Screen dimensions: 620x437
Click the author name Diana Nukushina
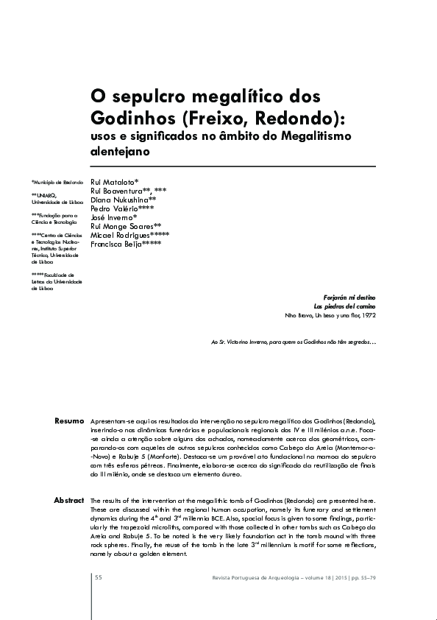pyautogui.click(x=120, y=200)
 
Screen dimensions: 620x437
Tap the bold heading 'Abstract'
pyautogui.click(x=68, y=501)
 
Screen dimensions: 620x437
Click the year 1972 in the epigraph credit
pyautogui.click(x=369, y=315)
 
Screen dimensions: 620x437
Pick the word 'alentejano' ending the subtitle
pyautogui.click(x=120, y=152)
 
